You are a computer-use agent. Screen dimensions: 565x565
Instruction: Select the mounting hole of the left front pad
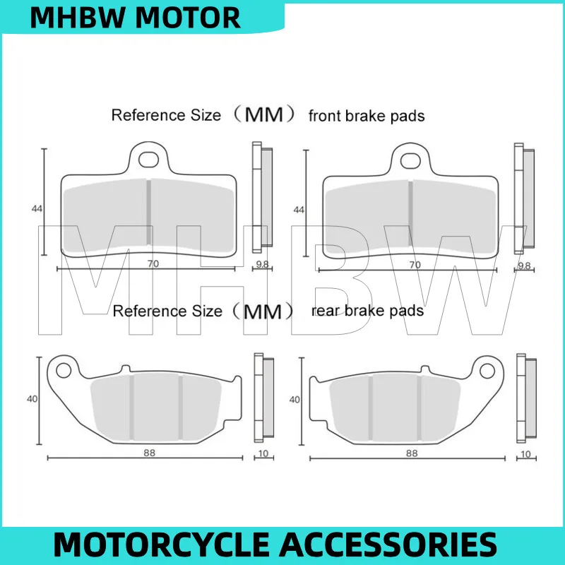[148, 158]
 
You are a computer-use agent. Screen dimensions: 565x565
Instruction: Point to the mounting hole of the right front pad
[410, 158]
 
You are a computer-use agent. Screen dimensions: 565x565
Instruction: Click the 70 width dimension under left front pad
[151, 264]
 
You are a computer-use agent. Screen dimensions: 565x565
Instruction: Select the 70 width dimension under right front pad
[415, 264]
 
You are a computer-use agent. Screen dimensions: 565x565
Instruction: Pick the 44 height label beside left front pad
[36, 209]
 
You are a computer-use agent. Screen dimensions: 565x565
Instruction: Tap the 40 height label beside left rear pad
[32, 399]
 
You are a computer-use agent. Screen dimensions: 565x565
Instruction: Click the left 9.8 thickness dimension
[261, 265]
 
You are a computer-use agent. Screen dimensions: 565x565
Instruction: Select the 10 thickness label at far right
[525, 453]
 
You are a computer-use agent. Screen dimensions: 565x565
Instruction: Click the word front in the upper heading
[324, 115]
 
